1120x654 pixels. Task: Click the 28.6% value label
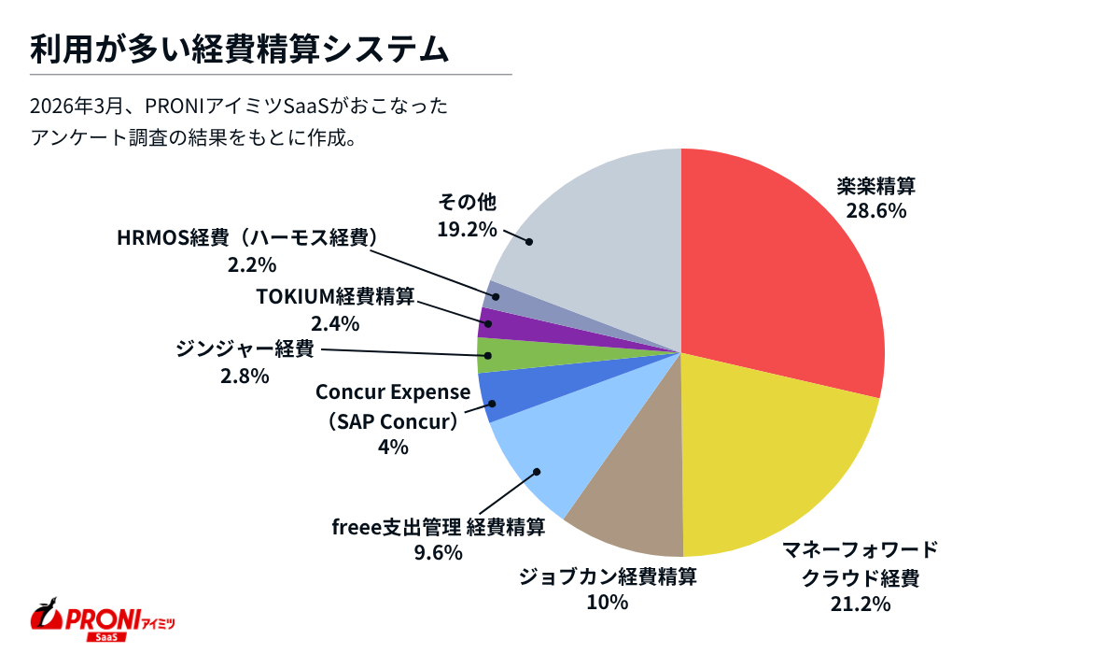point(875,210)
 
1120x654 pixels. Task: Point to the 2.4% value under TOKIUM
point(334,323)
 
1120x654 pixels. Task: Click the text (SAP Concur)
point(393,421)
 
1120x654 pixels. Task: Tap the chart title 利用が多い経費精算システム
point(239,49)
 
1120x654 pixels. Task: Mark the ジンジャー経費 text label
point(245,351)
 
